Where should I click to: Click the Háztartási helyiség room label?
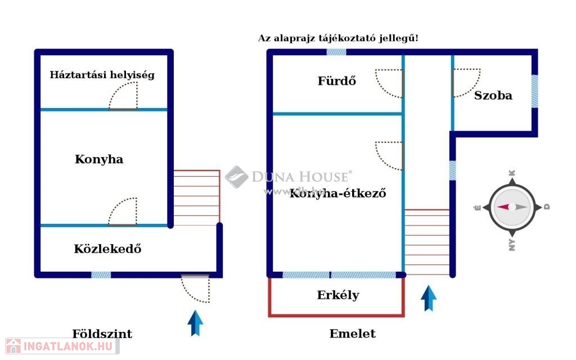(102, 74)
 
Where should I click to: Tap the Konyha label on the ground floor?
(99, 159)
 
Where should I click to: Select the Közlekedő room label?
(107, 249)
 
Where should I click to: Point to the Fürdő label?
(337, 81)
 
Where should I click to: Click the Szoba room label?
(493, 95)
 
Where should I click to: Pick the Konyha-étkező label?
(337, 194)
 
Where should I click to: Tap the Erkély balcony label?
(338, 295)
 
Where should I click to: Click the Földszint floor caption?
(102, 334)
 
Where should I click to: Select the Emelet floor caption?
(352, 334)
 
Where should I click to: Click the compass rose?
(511, 207)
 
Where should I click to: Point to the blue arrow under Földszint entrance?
(195, 323)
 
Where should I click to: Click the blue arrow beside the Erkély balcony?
(429, 298)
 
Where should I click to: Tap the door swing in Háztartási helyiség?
(123, 96)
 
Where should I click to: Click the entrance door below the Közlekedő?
(195, 288)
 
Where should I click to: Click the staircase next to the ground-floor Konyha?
(196, 197)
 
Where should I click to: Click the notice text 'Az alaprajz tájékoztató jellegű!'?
(338, 38)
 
